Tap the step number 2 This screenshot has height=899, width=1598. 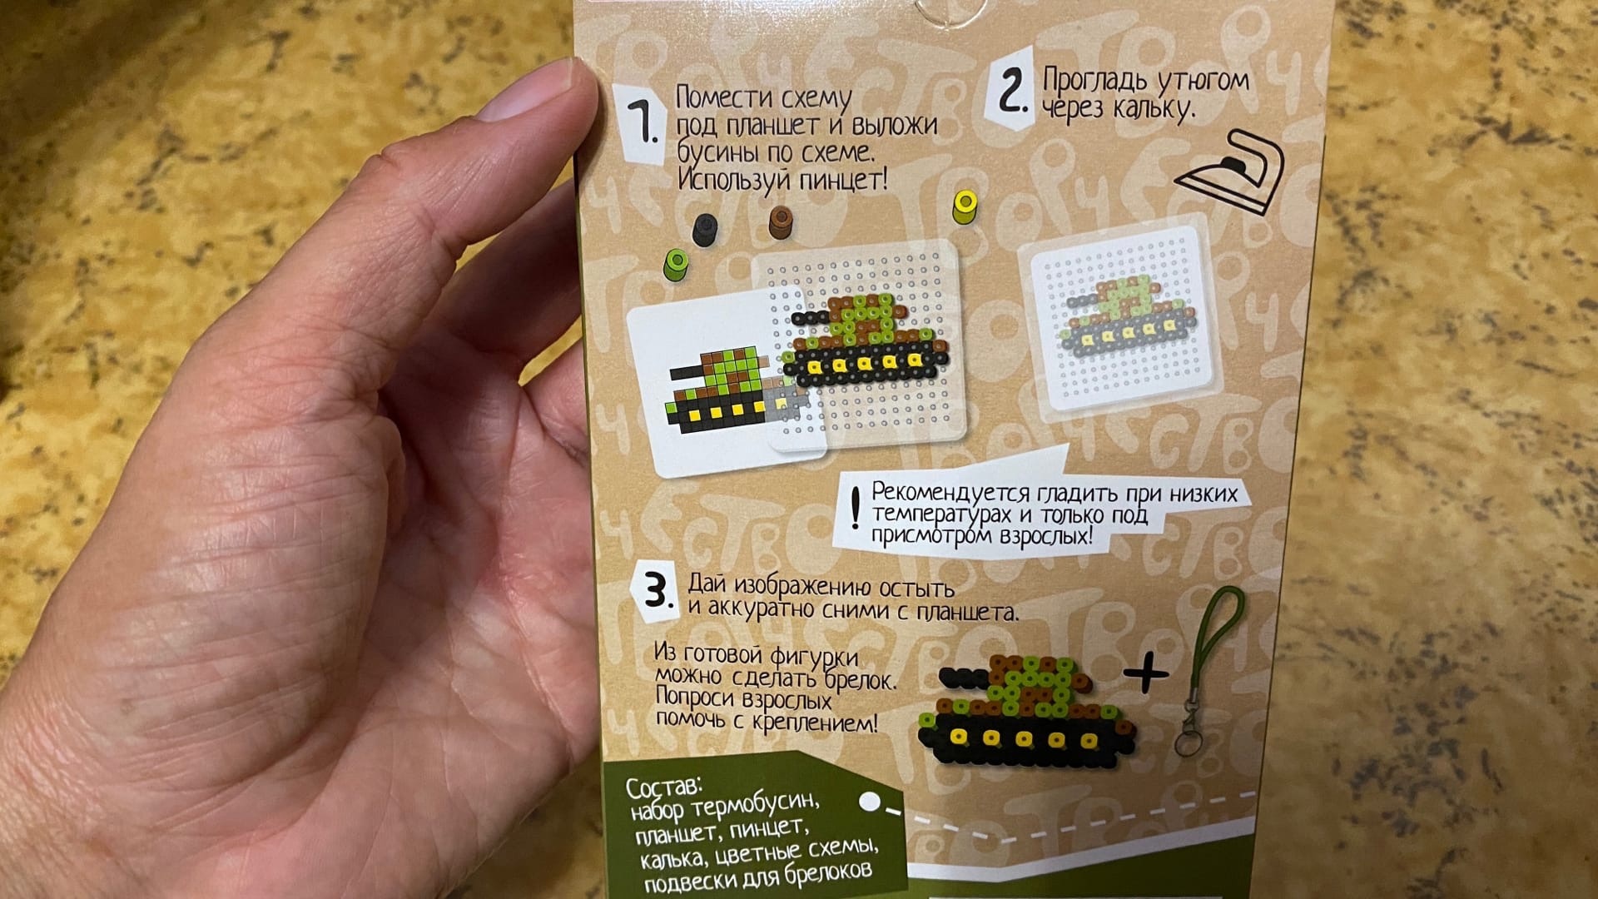coord(1010,91)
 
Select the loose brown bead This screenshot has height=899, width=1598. coord(781,221)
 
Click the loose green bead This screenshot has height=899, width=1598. coord(677,263)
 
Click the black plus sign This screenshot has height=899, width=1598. coord(1147,671)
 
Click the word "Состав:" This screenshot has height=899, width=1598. coord(664,786)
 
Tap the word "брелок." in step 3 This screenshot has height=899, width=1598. coord(861,680)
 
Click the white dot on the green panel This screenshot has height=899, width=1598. coord(870,802)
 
